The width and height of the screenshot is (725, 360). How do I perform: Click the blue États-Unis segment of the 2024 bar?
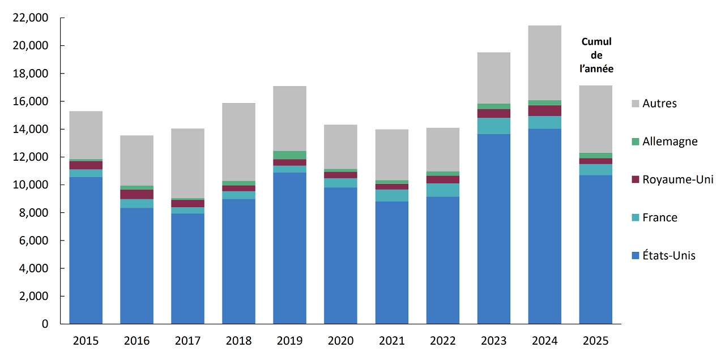pos(545,226)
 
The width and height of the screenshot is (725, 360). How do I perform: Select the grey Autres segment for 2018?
pos(238,142)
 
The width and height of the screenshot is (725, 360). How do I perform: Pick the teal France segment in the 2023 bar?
pos(494,126)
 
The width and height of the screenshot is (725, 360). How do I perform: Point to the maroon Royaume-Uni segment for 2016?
pos(137,194)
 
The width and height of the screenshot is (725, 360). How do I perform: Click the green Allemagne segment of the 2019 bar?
pos(289,155)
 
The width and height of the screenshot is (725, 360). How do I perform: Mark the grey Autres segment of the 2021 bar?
pos(391,155)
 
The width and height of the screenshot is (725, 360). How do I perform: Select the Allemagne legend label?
pos(669,142)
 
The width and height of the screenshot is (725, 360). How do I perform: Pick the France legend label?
pos(659,217)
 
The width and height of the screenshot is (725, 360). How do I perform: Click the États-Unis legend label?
pos(668,255)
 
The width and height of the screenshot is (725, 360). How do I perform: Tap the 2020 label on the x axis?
pos(340,341)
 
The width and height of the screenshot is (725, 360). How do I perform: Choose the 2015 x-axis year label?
pos(86,341)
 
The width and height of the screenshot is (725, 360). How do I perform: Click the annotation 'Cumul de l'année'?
pos(597,55)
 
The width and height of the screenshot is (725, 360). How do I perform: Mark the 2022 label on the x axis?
pos(443,341)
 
